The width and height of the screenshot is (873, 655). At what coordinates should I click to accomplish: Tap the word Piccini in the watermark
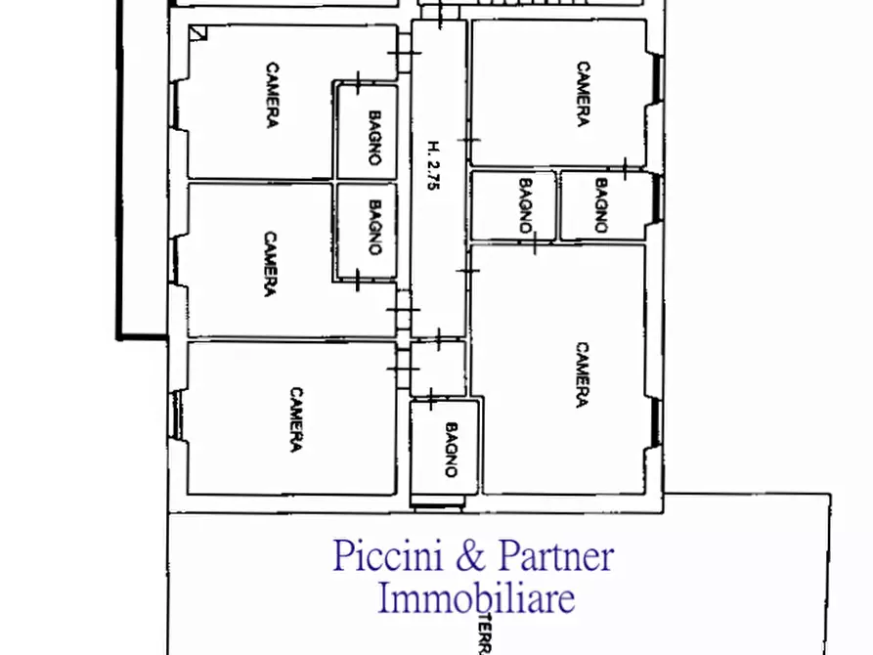[x=388, y=556]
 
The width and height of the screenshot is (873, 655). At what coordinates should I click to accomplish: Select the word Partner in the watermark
[x=556, y=556]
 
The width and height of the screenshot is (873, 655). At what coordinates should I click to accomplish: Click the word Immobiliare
[x=476, y=597]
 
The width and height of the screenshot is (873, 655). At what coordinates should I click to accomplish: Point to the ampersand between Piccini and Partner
[x=470, y=557]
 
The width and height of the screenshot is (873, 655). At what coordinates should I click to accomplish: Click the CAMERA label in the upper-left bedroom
[x=273, y=95]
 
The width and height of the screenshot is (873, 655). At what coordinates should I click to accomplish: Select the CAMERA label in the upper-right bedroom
[x=583, y=95]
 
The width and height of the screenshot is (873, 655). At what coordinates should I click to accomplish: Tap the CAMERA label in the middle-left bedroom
[x=270, y=263]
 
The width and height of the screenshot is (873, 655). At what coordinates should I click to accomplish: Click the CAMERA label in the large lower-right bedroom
[x=581, y=374]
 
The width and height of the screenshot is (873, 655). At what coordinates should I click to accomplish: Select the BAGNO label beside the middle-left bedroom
[x=374, y=228]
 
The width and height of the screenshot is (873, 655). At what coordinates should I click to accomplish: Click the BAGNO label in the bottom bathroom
[x=451, y=450]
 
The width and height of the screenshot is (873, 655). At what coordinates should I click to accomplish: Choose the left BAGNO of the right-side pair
[x=525, y=205]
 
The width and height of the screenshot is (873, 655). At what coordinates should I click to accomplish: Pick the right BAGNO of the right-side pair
[x=600, y=205]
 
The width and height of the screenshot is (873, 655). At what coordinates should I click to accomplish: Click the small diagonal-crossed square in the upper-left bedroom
[x=199, y=32]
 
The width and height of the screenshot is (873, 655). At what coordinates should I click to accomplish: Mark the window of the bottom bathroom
[x=437, y=504]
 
